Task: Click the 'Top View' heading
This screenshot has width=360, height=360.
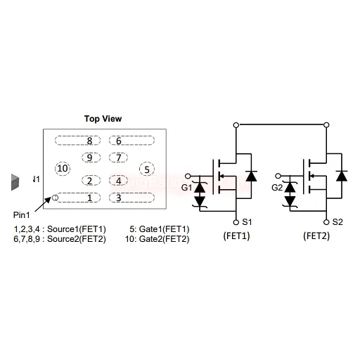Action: point(103,119)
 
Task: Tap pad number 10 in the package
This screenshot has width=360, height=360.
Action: point(63,169)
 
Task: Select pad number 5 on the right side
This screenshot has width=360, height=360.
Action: point(147,169)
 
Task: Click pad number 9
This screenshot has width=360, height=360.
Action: point(91,157)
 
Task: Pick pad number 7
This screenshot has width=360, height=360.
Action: point(118,157)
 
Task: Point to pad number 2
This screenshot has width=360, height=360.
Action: point(91,181)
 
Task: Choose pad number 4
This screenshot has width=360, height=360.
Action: point(118,181)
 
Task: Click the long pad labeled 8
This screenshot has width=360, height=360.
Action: point(78,141)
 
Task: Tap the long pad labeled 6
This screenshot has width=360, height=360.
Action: point(131,141)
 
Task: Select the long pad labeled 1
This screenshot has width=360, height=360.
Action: point(78,198)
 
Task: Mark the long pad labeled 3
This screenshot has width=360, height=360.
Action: point(131,198)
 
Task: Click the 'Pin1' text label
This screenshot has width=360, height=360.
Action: point(22,214)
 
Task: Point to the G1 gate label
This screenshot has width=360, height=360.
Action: point(186,188)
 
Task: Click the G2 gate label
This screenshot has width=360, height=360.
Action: point(277,188)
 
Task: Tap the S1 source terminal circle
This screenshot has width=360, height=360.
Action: point(236,222)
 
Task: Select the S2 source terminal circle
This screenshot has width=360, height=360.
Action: point(326,222)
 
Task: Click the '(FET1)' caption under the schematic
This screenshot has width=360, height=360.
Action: point(236,236)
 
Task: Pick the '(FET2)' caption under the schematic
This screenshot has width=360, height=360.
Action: point(316,236)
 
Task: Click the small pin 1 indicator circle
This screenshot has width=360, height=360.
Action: point(55,198)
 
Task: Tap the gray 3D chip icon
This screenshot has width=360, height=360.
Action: point(15,182)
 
